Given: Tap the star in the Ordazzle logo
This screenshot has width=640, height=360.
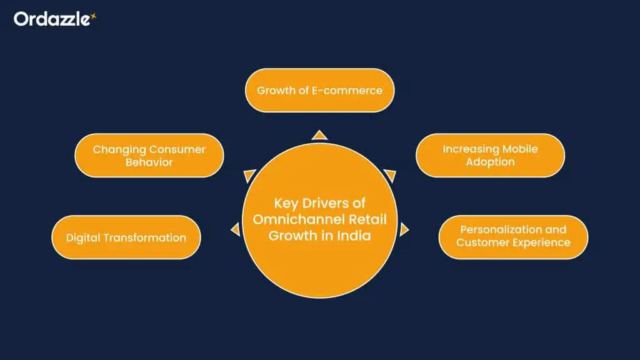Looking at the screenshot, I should [x=93, y=17].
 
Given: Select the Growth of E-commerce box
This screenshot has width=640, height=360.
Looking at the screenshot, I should [x=319, y=90].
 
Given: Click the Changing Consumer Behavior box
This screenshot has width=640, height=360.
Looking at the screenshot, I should [x=149, y=156].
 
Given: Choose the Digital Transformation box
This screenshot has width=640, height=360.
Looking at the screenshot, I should [x=126, y=237].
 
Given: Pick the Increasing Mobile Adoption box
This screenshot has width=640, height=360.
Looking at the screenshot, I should [x=490, y=156].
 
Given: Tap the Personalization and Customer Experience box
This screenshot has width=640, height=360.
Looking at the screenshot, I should [x=513, y=236].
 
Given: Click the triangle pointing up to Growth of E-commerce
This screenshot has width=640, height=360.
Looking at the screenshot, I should [x=319, y=135].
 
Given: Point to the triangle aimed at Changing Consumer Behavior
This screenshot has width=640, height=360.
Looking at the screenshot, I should [x=249, y=176].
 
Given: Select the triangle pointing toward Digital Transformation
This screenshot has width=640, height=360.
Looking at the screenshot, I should [x=236, y=229].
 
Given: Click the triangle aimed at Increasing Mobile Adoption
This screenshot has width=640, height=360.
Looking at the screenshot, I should [x=390, y=175].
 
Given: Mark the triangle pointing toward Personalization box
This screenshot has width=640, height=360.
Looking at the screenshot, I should [x=404, y=229].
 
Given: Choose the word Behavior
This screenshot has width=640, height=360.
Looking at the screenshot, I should [x=149, y=162].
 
